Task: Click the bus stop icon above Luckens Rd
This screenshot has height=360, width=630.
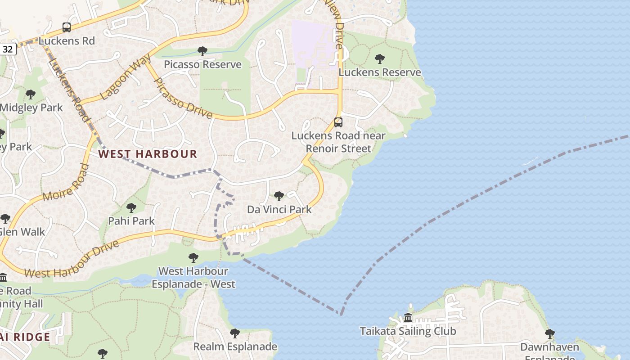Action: pyautogui.click(x=67, y=27)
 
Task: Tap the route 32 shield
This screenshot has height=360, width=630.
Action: pyautogui.click(x=8, y=49)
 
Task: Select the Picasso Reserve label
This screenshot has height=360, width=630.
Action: pyautogui.click(x=202, y=64)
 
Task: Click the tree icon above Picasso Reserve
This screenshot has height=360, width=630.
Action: pyautogui.click(x=202, y=51)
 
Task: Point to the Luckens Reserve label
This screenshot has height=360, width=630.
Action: pyautogui.click(x=380, y=72)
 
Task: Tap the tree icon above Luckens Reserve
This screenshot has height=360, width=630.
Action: pyautogui.click(x=380, y=59)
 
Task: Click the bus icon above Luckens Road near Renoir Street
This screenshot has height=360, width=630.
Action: pyautogui.click(x=338, y=122)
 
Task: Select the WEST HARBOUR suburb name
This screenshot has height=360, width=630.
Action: pyautogui.click(x=148, y=154)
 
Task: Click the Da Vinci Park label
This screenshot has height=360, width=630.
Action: pyautogui.click(x=279, y=209)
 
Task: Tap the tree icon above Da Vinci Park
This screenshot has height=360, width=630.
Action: pyautogui.click(x=279, y=196)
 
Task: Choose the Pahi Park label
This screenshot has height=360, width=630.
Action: pyautogui.click(x=131, y=221)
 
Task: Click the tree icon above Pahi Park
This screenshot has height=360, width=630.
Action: pyautogui.click(x=131, y=208)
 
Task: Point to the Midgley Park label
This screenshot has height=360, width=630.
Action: pyautogui.click(x=31, y=108)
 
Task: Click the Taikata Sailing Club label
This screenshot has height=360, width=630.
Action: pyautogui.click(x=408, y=331)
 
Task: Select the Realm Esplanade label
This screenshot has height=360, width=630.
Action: pyautogui.click(x=235, y=346)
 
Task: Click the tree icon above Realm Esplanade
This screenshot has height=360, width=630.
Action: pyautogui.click(x=234, y=333)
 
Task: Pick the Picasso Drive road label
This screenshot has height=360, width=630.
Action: pyautogui.click(x=182, y=99)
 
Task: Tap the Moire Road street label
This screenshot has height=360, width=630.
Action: pyautogui.click(x=66, y=183)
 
